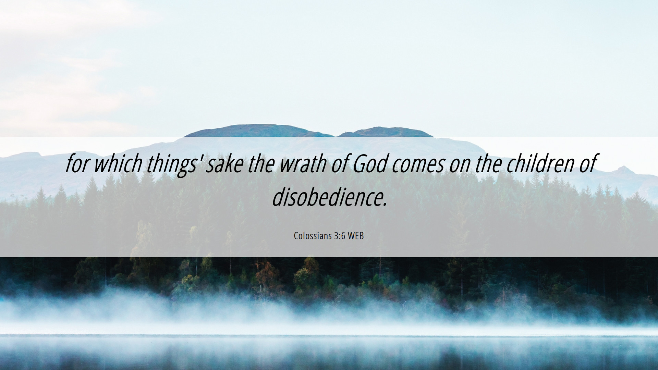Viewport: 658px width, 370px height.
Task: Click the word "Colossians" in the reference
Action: (x=313, y=236)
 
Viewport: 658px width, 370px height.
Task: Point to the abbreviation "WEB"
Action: (x=355, y=236)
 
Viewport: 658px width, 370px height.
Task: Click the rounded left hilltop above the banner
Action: (x=259, y=131)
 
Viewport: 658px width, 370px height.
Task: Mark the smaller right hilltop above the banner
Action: (x=385, y=132)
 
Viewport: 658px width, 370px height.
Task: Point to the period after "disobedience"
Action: (x=385, y=205)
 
